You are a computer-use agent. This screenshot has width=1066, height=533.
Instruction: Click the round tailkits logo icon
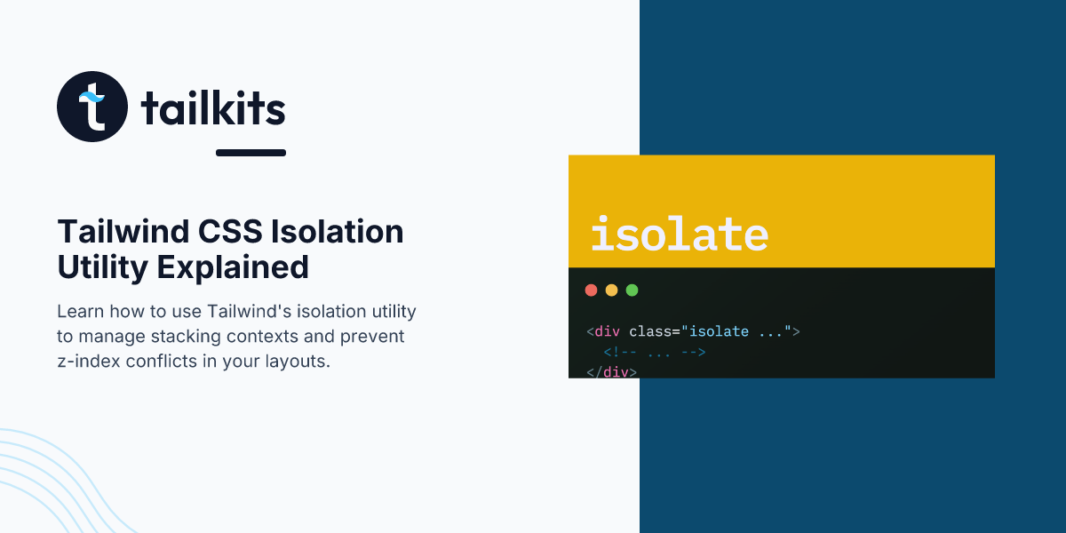pos(92,107)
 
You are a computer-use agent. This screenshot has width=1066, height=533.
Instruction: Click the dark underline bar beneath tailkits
pos(251,153)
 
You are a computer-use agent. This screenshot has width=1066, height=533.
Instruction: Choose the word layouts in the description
pos(301,362)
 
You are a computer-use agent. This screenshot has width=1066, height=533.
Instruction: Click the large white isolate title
pos(680,234)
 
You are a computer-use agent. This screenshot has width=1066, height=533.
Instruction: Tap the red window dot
pos(591,290)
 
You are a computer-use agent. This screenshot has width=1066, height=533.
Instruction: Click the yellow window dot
pos(611,290)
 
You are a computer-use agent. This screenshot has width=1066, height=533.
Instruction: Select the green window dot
pos(632,290)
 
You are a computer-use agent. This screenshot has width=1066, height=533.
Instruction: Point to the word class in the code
pos(650,331)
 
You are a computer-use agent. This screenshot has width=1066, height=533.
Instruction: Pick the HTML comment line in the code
pos(655,352)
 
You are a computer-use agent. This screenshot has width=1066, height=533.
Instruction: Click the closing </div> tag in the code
pos(612,371)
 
